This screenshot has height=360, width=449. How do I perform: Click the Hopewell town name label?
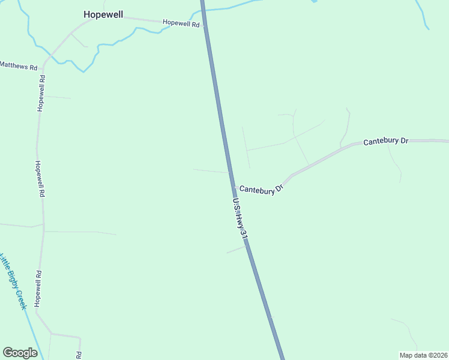pos(103,14)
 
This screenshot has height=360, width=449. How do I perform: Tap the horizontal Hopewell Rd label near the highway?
pos(181,23)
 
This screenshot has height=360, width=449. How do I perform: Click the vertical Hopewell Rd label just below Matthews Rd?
pos(41,93)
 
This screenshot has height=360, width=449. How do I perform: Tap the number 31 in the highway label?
pos(244,234)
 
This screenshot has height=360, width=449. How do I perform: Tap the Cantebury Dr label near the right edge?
pos(385,140)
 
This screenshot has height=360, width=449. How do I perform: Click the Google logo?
pos(20,353)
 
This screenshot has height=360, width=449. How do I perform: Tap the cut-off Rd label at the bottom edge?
pos(78,355)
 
